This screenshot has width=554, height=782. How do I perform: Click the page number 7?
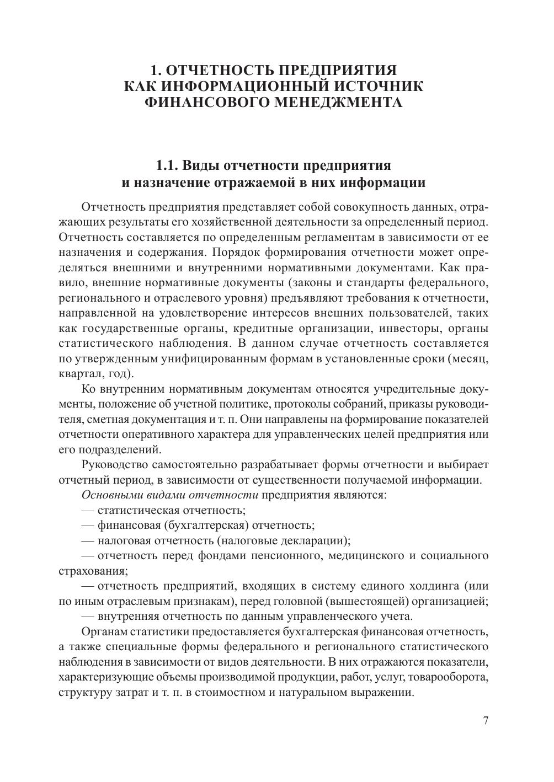(486, 721)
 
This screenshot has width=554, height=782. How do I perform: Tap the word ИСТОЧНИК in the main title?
(376, 87)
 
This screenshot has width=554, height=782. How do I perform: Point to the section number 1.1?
(167, 165)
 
